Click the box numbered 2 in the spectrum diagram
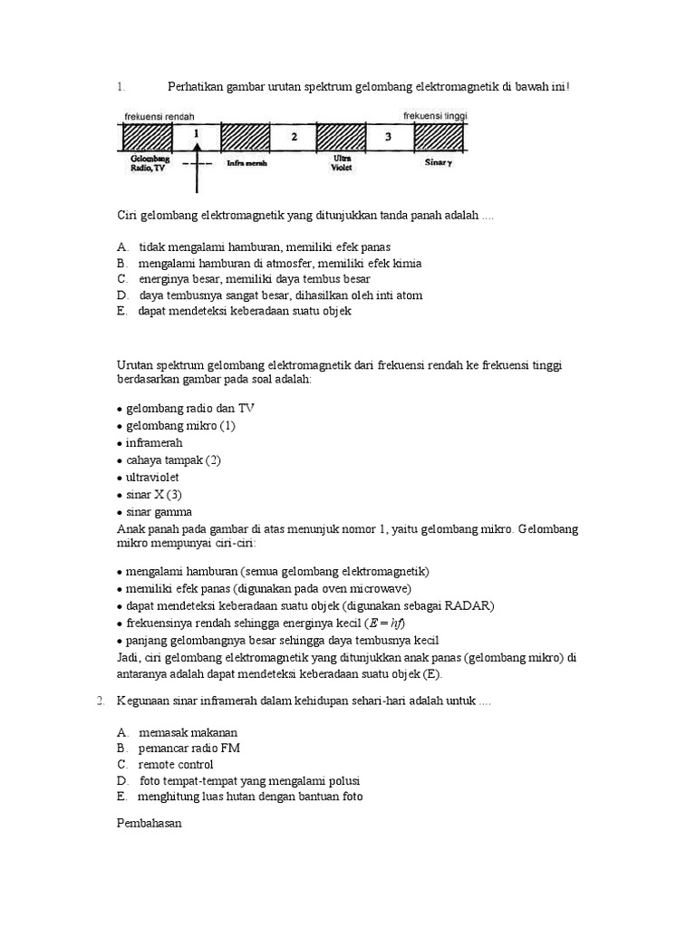click(293, 136)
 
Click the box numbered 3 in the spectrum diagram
click(388, 136)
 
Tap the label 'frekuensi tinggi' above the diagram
click(435, 115)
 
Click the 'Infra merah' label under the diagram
click(246, 164)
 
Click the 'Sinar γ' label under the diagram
click(439, 164)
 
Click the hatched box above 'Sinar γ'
click(440, 136)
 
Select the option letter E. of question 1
click(121, 312)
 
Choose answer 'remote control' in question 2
click(176, 764)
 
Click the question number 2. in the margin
click(101, 701)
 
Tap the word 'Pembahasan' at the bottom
click(150, 825)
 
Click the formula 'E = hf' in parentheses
click(385, 623)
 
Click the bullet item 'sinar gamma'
click(159, 512)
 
